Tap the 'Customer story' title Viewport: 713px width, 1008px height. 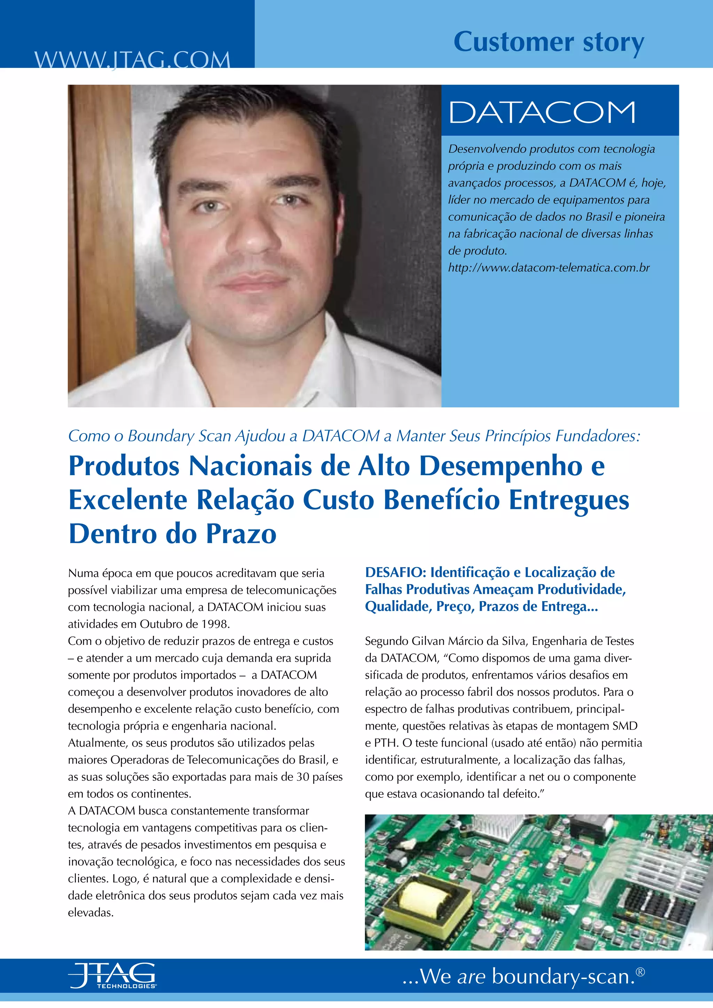(x=548, y=42)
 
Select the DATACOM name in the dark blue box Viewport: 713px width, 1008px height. (x=542, y=112)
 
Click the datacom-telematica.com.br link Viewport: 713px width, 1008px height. (x=548, y=268)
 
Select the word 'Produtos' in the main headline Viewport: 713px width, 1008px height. (x=124, y=466)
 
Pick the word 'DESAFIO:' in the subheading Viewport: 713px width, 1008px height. (x=395, y=573)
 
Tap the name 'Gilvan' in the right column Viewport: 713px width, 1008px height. (x=428, y=641)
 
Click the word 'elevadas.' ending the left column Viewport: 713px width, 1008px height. (x=91, y=913)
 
